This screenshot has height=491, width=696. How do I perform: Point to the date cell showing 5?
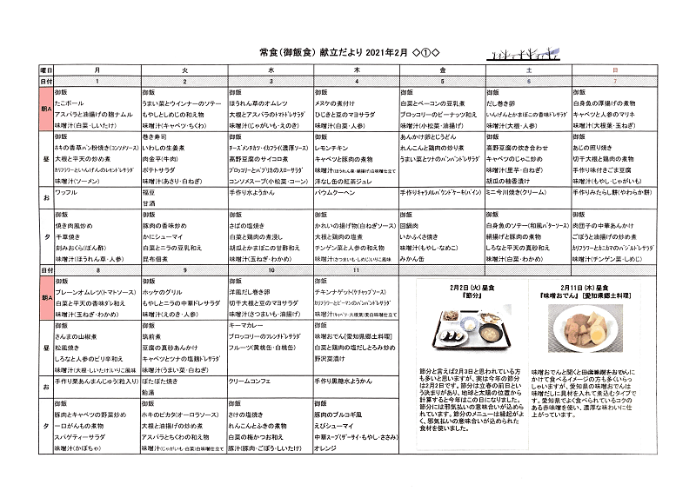pos(442,80)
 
